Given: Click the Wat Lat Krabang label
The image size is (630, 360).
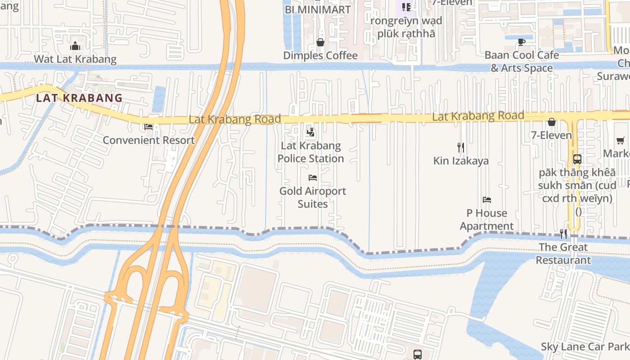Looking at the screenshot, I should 75,59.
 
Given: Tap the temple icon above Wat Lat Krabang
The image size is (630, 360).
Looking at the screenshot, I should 75,46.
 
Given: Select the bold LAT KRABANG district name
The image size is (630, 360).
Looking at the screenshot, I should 79,98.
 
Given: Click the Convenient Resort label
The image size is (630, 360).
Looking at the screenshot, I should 148,140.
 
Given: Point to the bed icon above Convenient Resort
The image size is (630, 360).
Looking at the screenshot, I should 148,127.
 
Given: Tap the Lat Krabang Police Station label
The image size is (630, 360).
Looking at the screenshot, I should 310,152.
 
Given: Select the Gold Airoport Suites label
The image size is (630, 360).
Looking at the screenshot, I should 313,197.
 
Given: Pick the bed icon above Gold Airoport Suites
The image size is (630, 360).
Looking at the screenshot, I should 313,178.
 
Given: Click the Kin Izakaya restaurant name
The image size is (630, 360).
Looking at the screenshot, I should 461,161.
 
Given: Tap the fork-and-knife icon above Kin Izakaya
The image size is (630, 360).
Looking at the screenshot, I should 461,147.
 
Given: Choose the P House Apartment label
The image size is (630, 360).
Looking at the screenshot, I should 486,219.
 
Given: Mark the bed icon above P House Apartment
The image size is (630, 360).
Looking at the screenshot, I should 486,199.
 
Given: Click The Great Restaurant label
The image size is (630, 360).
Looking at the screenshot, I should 563,253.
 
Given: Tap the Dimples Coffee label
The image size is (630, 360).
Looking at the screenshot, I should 320,55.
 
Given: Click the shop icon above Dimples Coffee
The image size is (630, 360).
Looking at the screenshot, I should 320,42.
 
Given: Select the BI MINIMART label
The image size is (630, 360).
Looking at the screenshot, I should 318,9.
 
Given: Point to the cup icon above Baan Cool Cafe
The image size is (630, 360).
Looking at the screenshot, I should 522,42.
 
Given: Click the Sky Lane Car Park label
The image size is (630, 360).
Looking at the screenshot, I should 585,346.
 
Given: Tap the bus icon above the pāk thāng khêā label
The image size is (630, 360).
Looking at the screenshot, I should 577,159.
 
